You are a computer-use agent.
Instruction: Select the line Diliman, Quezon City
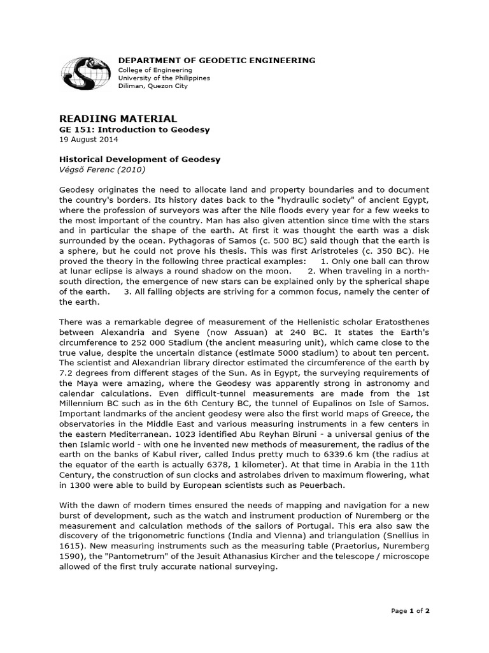click(153, 86)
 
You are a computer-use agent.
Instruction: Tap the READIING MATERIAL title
click(118, 119)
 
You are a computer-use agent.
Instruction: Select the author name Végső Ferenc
click(83, 169)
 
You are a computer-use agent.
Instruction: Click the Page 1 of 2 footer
click(411, 611)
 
